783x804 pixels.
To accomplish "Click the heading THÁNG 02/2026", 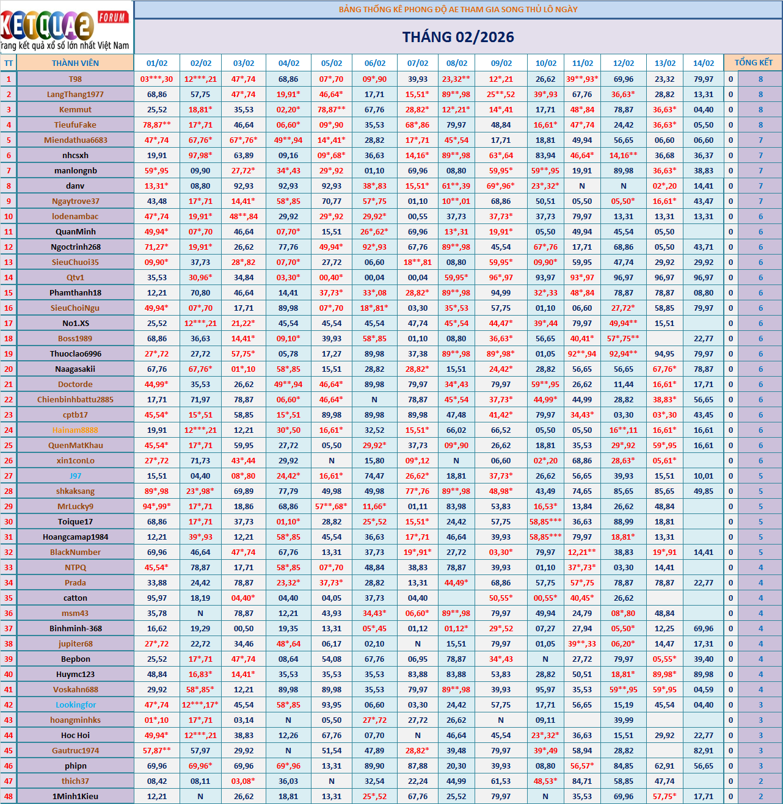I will point(458,37).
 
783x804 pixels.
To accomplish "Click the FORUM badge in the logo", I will point(112,17).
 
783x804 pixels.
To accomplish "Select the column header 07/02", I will point(418,63).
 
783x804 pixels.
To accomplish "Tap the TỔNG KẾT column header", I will point(753,62).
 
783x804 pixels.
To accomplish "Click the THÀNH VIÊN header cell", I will point(75,63).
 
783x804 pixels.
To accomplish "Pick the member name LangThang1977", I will point(75,94).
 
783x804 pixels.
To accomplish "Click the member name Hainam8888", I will point(75,430).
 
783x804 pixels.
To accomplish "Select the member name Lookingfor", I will point(76,704).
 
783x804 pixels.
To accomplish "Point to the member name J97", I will point(75,476).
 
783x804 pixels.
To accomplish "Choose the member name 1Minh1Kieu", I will point(75,796).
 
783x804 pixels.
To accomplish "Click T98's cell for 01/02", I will point(157,79).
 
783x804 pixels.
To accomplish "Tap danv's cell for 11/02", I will point(582,186).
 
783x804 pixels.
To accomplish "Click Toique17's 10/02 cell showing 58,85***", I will point(545,521).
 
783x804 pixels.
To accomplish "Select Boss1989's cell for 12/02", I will point(624,338).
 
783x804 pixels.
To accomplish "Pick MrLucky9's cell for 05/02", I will point(332,506).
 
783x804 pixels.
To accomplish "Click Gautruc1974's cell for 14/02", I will point(704,750).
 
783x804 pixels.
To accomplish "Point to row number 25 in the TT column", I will point(9,445).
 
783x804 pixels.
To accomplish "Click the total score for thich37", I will point(760,781).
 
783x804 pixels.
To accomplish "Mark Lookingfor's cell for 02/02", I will point(200,704).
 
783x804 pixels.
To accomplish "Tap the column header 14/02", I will point(704,63).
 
